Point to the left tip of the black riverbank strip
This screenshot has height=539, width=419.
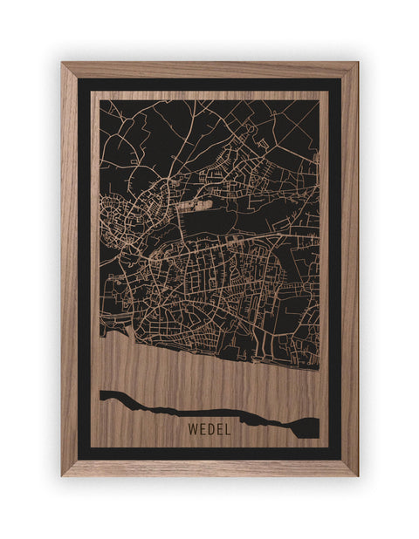(103, 395)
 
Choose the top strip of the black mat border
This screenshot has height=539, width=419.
(209, 85)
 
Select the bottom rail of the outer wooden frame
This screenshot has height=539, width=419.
(209, 468)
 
